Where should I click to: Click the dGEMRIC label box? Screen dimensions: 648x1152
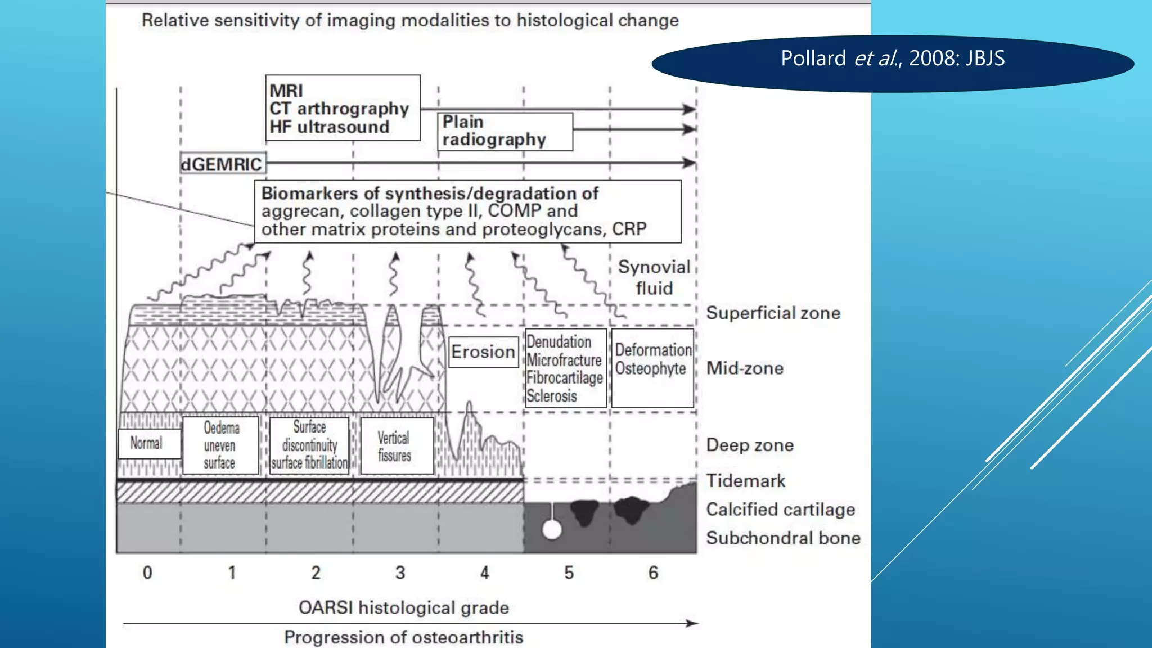pyautogui.click(x=223, y=164)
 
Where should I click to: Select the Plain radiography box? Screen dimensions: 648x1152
pyautogui.click(x=505, y=131)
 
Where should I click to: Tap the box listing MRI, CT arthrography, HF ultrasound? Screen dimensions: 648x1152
pyautogui.click(x=343, y=108)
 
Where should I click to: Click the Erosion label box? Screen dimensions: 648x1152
pyautogui.click(x=483, y=352)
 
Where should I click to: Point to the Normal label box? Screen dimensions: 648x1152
pyautogui.click(x=149, y=443)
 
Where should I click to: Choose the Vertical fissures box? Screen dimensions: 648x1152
pyautogui.click(x=397, y=446)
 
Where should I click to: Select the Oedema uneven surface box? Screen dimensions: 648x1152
pyautogui.click(x=220, y=445)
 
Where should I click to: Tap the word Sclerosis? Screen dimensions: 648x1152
pyautogui.click(x=552, y=396)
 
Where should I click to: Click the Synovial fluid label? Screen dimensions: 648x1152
pyautogui.click(x=654, y=277)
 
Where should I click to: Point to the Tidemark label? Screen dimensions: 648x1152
pyautogui.click(x=745, y=481)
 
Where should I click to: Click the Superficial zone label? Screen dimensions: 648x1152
pyautogui.click(x=773, y=313)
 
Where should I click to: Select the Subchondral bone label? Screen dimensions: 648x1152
pyautogui.click(x=783, y=538)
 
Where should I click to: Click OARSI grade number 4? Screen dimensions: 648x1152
pyautogui.click(x=485, y=573)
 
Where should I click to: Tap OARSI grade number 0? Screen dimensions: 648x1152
pyautogui.click(x=147, y=573)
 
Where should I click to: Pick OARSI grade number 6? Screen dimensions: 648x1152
pyautogui.click(x=653, y=573)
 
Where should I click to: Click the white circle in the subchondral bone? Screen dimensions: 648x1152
pyautogui.click(x=552, y=530)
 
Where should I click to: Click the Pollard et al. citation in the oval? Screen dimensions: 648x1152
pyautogui.click(x=892, y=58)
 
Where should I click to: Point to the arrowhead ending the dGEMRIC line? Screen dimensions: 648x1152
pyautogui.click(x=690, y=163)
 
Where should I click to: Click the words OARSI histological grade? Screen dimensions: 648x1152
pyautogui.click(x=403, y=608)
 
